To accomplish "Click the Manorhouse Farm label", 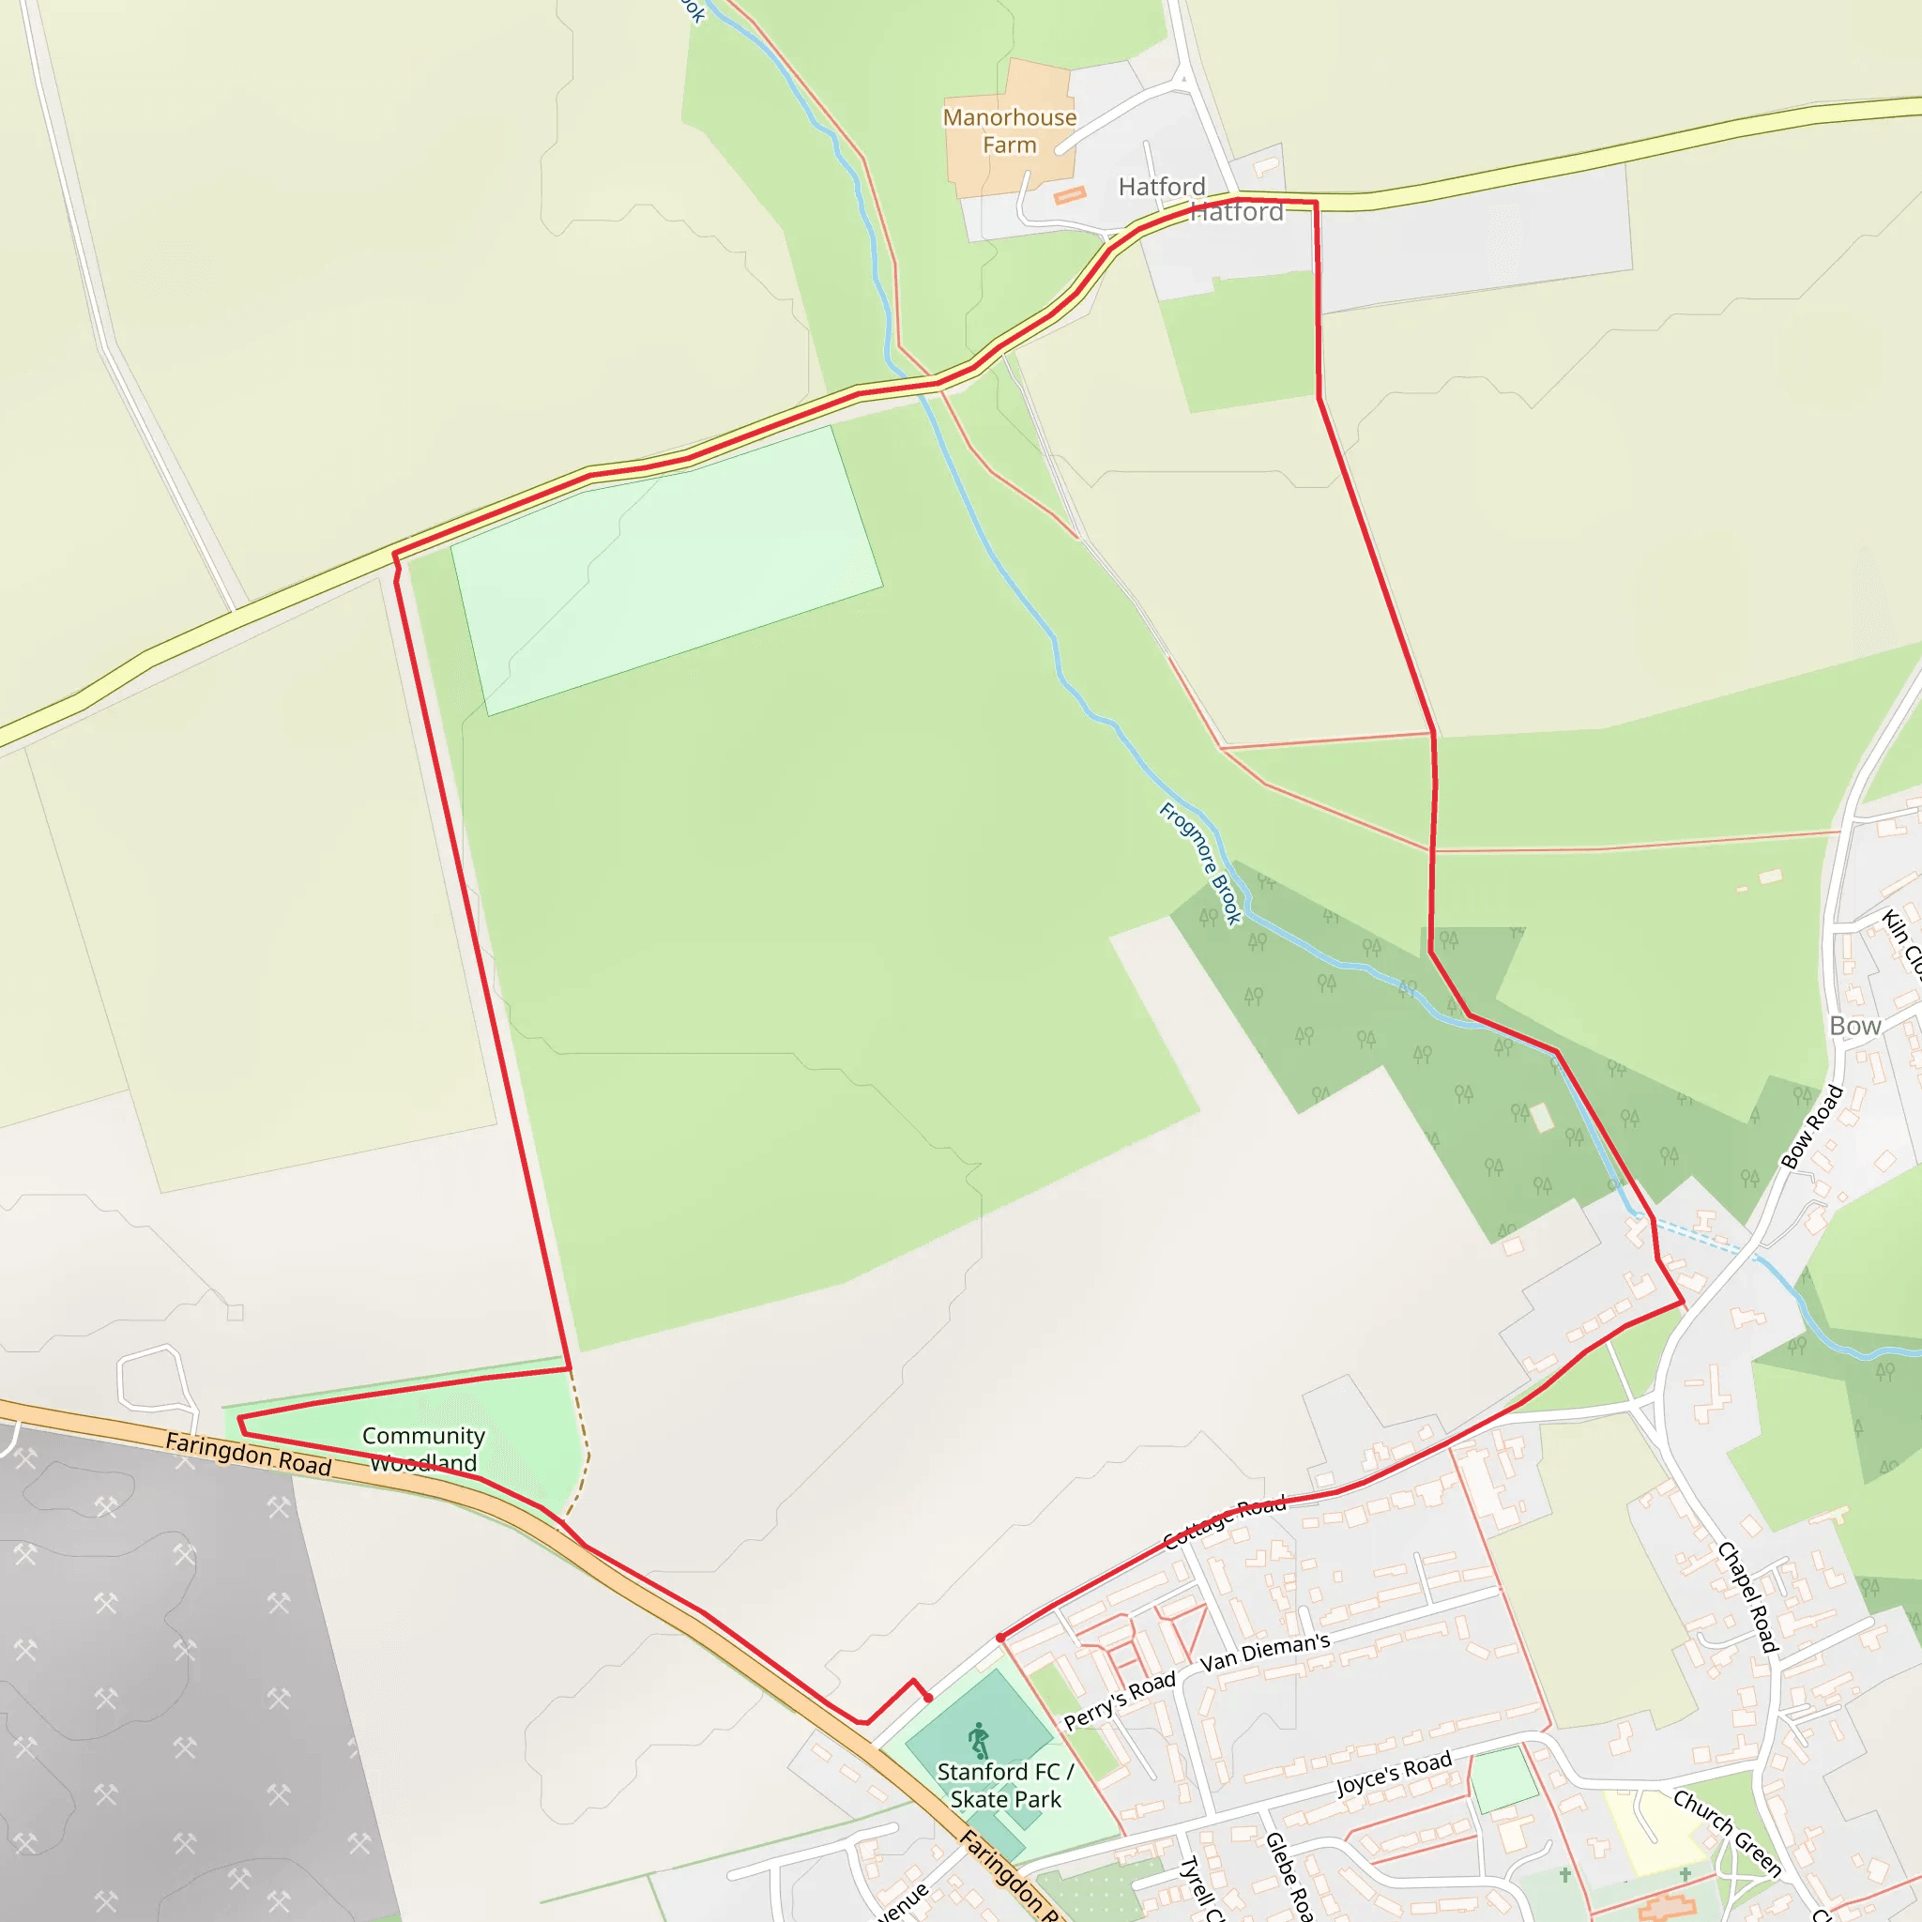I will (1009, 131).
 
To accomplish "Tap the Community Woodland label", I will (423, 1448).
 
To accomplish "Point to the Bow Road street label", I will (1811, 1126).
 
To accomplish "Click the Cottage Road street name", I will (1225, 1522).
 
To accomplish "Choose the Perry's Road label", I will (1120, 1701).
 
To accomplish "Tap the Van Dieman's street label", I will (1264, 1653).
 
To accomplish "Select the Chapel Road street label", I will (1747, 1596).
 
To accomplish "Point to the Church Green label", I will (1727, 1833).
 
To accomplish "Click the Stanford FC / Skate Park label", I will (1005, 1786).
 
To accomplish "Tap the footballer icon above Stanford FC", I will (979, 1741).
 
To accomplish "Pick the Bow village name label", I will (1854, 1026).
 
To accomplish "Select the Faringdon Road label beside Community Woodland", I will (248, 1454).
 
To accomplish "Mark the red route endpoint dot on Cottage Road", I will (999, 1638).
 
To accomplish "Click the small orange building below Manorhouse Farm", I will (1070, 196).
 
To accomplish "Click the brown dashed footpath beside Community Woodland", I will (583, 1442).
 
